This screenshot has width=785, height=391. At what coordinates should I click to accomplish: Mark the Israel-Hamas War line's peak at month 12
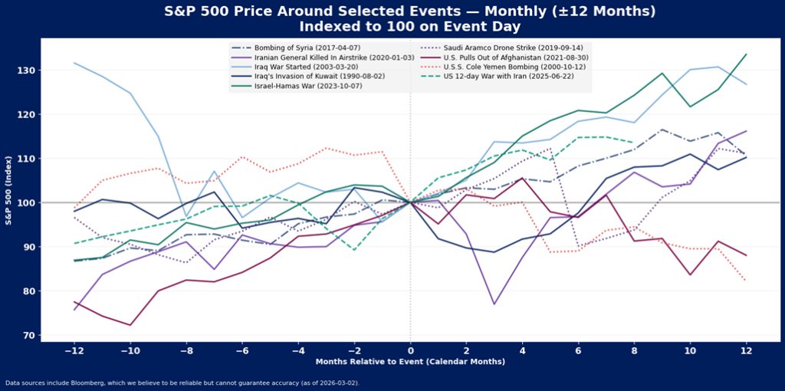click(x=746, y=54)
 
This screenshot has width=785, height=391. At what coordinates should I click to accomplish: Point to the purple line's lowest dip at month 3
click(x=494, y=304)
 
